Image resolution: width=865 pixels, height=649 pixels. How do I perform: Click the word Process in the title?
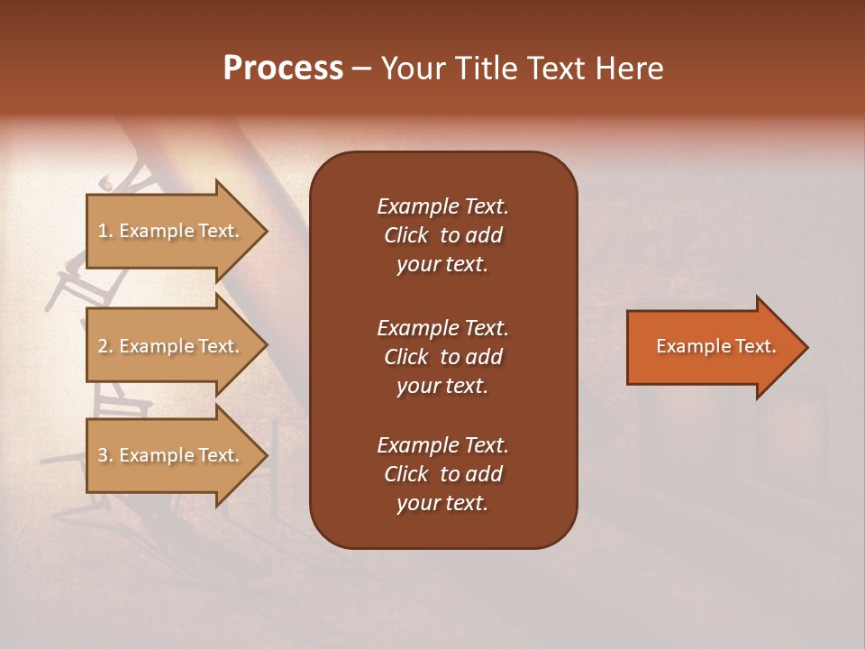(x=283, y=69)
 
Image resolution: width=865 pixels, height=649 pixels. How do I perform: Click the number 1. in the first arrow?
(x=105, y=231)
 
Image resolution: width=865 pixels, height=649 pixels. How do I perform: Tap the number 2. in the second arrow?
(x=105, y=346)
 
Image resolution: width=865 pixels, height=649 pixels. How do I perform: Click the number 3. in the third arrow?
(x=105, y=455)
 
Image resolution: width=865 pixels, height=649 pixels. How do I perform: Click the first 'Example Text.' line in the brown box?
(x=442, y=206)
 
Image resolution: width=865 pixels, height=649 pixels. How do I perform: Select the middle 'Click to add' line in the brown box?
(x=442, y=357)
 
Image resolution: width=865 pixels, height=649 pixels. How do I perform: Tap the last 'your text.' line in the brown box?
(x=442, y=504)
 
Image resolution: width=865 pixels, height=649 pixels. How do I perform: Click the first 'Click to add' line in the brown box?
(x=442, y=235)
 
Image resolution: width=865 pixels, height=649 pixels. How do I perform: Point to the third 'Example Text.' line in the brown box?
(x=442, y=445)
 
